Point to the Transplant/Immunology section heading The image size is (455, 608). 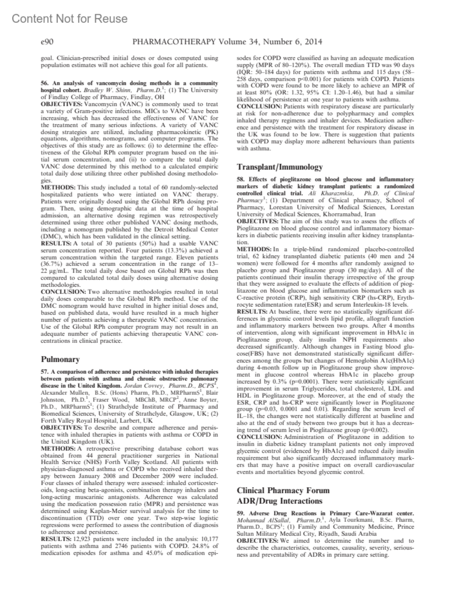click(279, 167)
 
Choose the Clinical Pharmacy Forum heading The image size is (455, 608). click(283, 490)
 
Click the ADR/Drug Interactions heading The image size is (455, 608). click(279, 501)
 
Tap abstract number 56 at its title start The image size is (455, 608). click(44, 83)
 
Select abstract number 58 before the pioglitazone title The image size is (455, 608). click(240, 179)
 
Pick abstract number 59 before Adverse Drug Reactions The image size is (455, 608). click(240, 513)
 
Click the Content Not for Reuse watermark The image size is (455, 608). click(70, 18)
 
